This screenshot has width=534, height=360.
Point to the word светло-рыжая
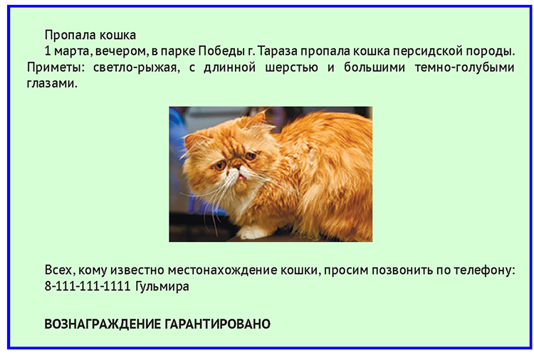[x=136, y=68]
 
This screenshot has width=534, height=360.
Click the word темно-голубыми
[x=464, y=68]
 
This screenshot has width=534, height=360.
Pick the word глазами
[x=52, y=83]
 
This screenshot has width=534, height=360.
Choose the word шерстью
[x=291, y=68]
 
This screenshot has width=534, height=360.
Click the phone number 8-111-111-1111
[x=88, y=286]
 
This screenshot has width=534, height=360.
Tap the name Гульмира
[x=162, y=287]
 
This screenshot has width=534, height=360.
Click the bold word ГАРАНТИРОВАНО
[x=218, y=324]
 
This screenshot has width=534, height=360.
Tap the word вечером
[x=122, y=52]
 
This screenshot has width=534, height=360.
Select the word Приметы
[x=56, y=68]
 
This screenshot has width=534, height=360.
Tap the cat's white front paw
[x=253, y=233]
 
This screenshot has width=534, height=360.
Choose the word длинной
[x=229, y=68]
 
